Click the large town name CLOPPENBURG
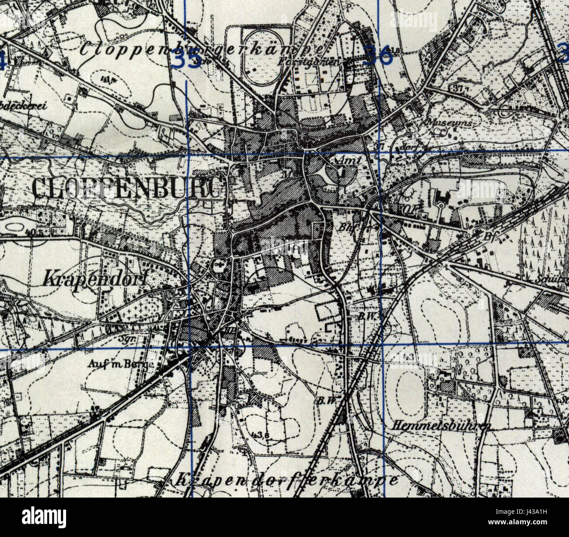click(127, 189)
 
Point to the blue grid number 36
click(377, 56)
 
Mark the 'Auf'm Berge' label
click(120, 364)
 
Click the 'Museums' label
click(446, 123)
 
